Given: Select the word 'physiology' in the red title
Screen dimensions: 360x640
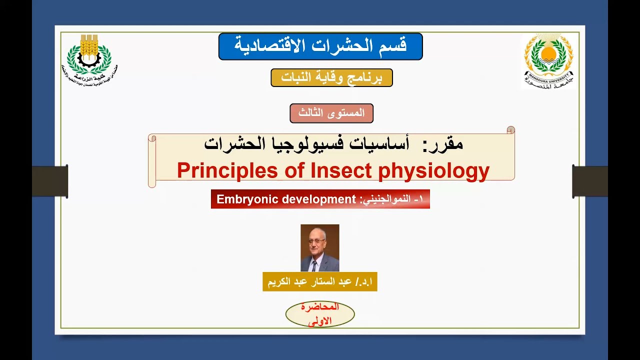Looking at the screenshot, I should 433,171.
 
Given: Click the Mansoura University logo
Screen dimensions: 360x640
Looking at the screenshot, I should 548,60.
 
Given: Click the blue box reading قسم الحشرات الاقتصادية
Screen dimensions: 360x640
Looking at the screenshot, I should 320,46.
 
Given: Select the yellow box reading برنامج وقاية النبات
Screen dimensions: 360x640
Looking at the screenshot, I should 331,78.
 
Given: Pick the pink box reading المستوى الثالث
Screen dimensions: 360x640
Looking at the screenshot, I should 331,113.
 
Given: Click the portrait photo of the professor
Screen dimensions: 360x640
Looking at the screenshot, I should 320,247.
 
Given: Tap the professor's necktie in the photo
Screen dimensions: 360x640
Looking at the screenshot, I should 314,265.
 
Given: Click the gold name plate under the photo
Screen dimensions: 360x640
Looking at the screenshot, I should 320,282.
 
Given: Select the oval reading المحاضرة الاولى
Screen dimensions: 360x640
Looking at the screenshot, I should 320,314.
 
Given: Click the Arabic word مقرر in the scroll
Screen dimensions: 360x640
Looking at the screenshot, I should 443,144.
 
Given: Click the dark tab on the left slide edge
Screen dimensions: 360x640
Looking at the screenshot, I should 49,181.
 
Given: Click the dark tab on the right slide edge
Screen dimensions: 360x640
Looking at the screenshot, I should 590,181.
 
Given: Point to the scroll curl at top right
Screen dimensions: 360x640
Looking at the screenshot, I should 510,130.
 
